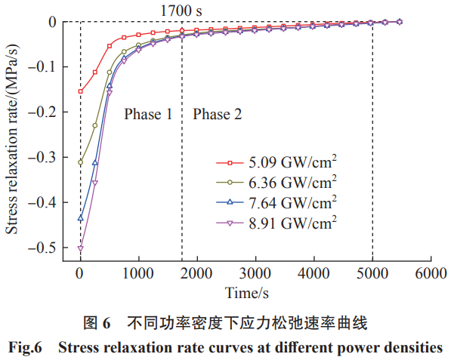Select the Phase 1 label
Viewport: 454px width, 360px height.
148,114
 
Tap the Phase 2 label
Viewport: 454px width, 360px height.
218,114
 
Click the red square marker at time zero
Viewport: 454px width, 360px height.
80,91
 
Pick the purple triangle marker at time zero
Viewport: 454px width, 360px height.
80,248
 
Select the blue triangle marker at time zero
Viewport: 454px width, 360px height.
80,218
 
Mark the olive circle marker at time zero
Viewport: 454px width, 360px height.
80,162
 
